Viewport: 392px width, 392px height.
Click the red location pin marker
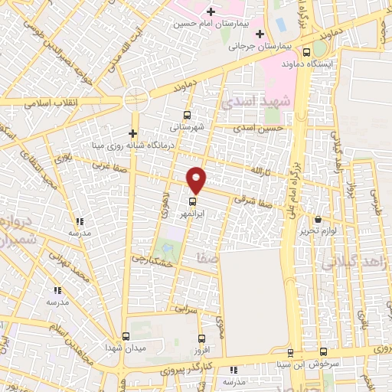click(196, 180)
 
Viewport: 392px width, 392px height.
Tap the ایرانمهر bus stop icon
click(192, 203)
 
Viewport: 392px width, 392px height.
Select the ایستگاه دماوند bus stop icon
click(307, 53)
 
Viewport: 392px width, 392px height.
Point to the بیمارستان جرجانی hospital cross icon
click(260, 34)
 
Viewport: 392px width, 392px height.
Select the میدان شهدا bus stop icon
click(126, 336)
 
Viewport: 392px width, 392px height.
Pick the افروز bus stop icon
click(201, 339)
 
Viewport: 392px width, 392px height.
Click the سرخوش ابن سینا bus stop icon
click(290, 353)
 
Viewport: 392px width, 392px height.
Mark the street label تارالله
click(263, 169)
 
